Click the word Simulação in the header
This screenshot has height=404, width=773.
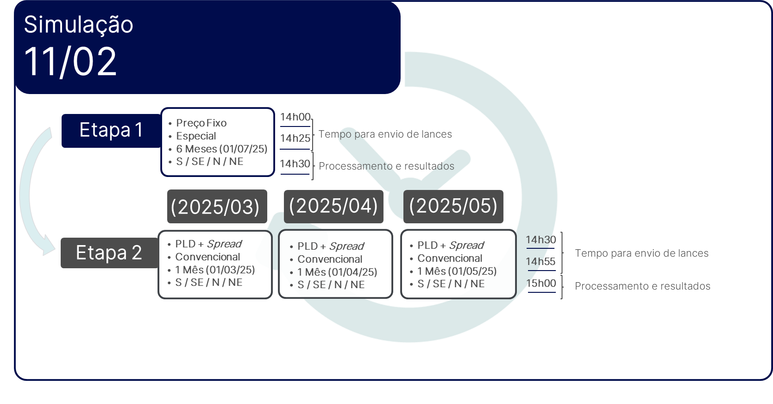[78, 25]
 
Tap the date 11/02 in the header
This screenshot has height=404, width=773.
[70, 62]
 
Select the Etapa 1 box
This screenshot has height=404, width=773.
[111, 131]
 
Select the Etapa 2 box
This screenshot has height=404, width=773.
[109, 253]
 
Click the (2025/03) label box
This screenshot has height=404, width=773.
[217, 207]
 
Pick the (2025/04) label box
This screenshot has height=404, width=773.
[333, 207]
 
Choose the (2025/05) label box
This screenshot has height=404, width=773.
[453, 207]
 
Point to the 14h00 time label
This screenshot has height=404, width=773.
[295, 117]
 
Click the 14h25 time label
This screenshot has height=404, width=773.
[295, 138]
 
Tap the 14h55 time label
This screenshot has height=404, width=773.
[541, 261]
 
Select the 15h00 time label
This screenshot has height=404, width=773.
[541, 283]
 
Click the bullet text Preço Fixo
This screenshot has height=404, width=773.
[201, 123]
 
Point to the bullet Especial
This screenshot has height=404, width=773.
[196, 136]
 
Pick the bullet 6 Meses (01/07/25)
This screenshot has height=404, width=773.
[222, 149]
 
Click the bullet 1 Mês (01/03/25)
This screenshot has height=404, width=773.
[215, 270]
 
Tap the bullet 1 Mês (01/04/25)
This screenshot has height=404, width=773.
[337, 272]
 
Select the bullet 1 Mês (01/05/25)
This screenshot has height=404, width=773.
[457, 271]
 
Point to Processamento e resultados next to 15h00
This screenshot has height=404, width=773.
[642, 286]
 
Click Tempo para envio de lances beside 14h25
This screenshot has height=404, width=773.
[385, 134]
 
